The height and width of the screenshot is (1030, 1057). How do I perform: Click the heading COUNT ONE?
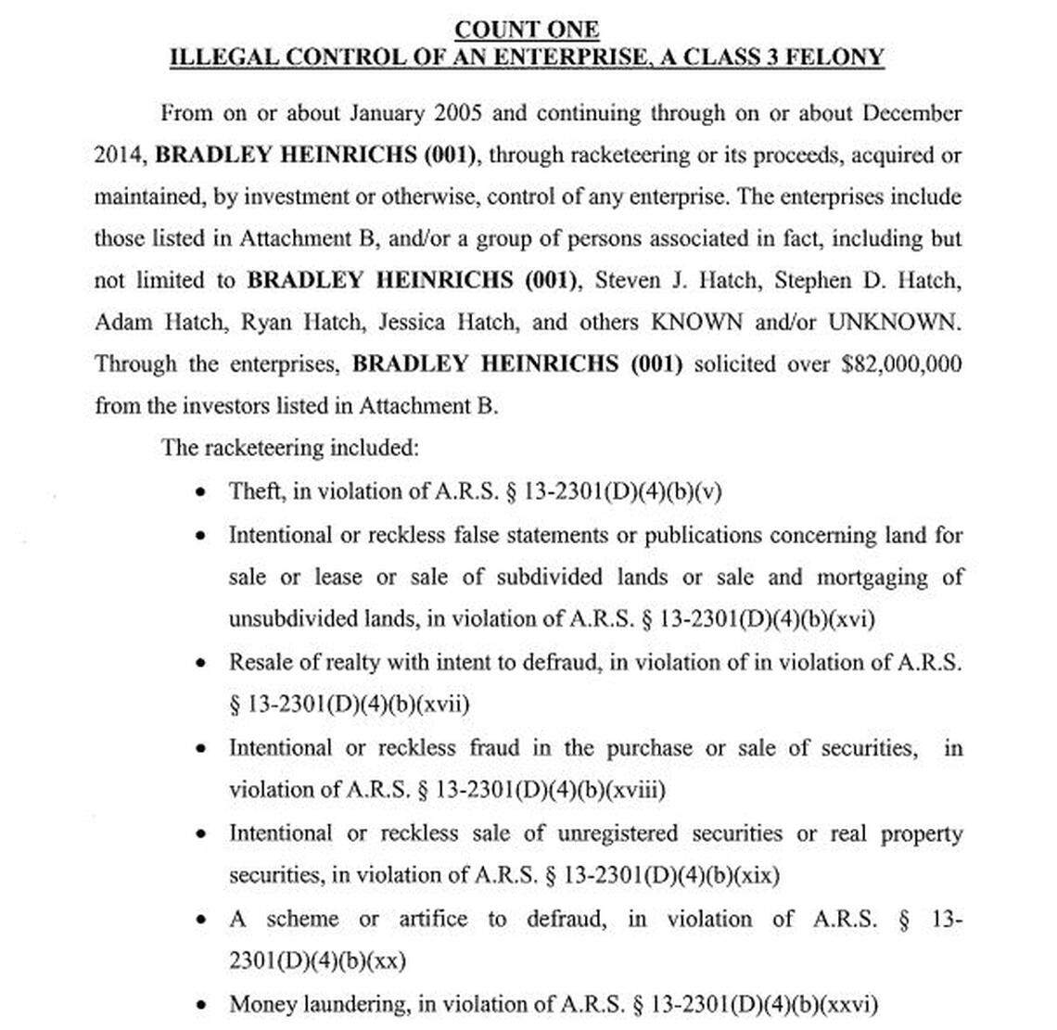tap(527, 30)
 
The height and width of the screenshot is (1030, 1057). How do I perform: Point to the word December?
tap(911, 113)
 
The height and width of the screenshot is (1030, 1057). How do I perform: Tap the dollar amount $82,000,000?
tap(900, 363)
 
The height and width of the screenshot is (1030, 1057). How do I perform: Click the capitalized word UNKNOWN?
tap(893, 322)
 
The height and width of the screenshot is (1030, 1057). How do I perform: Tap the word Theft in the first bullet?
tap(255, 491)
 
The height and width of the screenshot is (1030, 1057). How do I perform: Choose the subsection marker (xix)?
tap(756, 875)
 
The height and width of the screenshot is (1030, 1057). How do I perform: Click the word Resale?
tap(259, 662)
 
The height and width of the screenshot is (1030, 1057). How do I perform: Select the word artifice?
tap(433, 919)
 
